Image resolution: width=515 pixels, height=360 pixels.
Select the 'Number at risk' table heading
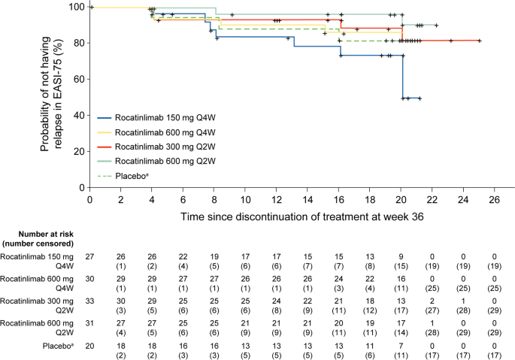tap(37, 239)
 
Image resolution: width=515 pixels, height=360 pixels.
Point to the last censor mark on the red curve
tap(479, 41)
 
